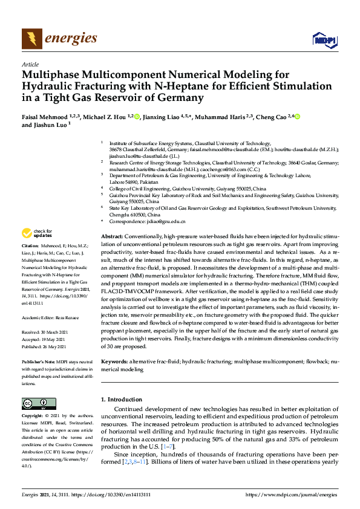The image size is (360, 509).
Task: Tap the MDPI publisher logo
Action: click(324, 40)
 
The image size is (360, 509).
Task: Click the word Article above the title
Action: click(30, 64)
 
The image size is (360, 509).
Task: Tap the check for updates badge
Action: click(38, 233)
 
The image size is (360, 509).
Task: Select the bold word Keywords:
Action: click(114, 361)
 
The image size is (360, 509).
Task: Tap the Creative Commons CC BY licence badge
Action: click(34, 403)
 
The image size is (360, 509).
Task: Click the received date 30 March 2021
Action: click(57, 315)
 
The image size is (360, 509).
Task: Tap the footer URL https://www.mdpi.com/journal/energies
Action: click(292, 494)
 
